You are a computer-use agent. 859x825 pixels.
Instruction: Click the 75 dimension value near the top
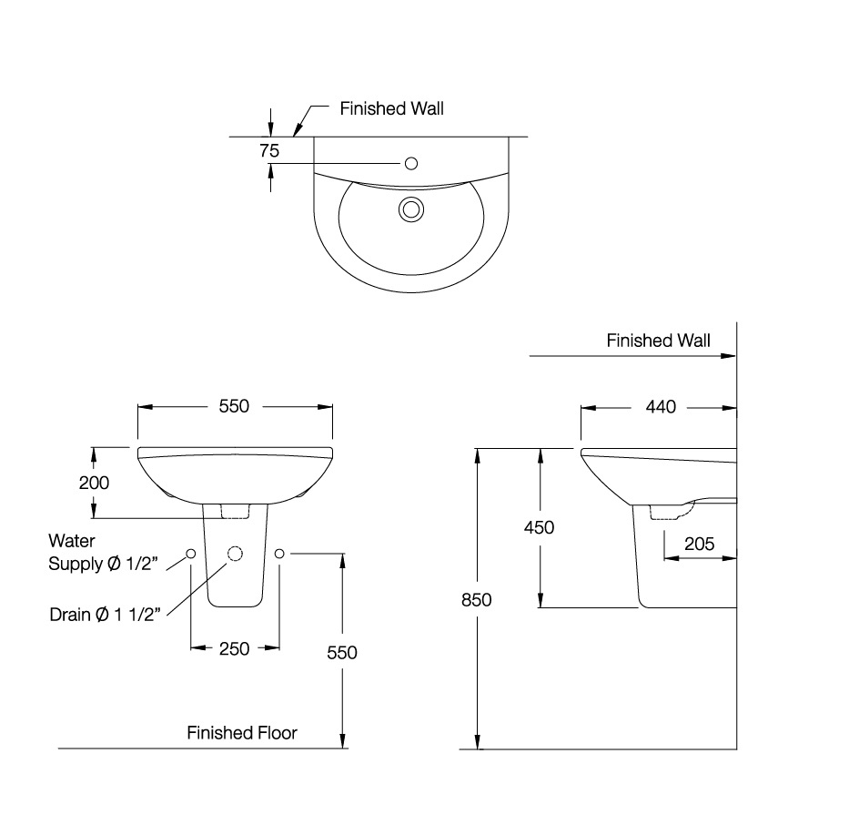click(x=268, y=151)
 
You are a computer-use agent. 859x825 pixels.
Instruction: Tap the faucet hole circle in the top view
click(x=410, y=163)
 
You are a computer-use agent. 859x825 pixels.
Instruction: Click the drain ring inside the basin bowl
click(x=411, y=209)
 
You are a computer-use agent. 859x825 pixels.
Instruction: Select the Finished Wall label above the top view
click(x=391, y=108)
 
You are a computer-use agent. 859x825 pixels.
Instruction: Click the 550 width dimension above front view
click(x=234, y=407)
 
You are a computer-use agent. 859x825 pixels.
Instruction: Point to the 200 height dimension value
click(x=94, y=483)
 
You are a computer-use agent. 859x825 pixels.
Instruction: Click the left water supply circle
click(x=190, y=554)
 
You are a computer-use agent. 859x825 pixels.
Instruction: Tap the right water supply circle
click(x=279, y=554)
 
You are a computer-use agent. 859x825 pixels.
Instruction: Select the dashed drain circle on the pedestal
click(x=235, y=554)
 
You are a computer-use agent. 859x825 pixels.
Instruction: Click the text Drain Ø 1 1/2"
click(x=106, y=615)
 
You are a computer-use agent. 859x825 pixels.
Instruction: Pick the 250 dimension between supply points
click(x=235, y=648)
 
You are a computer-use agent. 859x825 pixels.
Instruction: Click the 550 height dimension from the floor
click(x=343, y=652)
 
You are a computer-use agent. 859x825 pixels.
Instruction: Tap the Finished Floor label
click(x=242, y=732)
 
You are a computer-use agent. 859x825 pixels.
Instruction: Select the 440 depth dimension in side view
click(x=661, y=407)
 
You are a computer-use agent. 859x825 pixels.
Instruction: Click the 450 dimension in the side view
click(x=540, y=527)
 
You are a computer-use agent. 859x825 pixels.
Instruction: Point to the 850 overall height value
click(x=476, y=600)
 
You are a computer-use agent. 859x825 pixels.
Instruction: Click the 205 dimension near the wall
click(x=699, y=545)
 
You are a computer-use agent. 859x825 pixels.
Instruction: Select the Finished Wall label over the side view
click(x=659, y=341)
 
